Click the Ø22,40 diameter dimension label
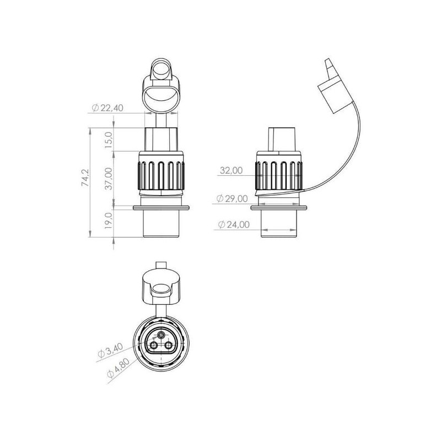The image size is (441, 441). (x=107, y=107)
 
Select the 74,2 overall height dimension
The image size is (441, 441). (x=85, y=178)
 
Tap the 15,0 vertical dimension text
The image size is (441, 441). (x=109, y=138)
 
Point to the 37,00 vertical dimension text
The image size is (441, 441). (x=109, y=179)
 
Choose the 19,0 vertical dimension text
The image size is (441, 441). (x=109, y=221)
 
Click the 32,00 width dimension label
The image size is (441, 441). (x=231, y=170)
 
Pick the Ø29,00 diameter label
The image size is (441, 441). (x=232, y=198)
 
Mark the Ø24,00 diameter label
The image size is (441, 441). (x=234, y=224)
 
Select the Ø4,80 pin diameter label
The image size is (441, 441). (x=118, y=367)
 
